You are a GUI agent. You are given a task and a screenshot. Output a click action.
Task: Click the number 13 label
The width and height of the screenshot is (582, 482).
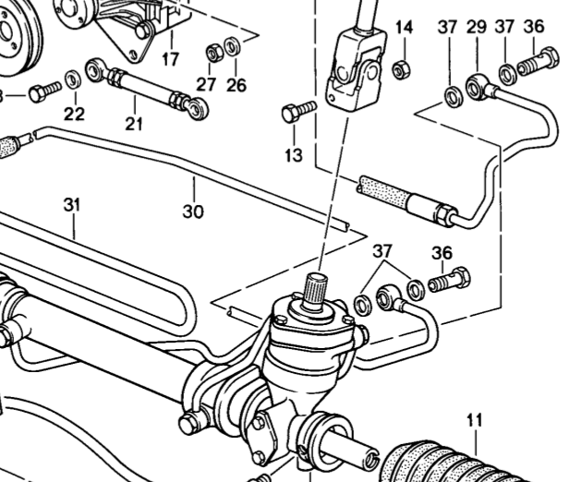(293, 156)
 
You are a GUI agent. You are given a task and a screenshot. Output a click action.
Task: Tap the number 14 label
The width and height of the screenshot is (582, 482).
(404, 27)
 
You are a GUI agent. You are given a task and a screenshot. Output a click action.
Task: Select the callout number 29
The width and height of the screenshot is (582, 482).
(476, 28)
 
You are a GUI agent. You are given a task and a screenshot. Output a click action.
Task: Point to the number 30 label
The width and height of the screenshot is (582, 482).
(192, 211)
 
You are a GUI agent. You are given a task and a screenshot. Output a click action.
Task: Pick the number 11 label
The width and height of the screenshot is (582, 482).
(474, 421)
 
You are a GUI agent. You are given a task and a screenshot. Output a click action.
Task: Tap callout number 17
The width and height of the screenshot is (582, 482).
(170, 60)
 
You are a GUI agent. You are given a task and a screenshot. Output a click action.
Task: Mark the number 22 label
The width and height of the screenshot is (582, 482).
(74, 114)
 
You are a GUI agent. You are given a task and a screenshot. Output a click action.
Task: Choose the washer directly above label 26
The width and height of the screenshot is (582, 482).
(233, 44)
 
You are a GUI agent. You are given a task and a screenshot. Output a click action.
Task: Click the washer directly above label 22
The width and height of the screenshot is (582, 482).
(73, 77)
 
